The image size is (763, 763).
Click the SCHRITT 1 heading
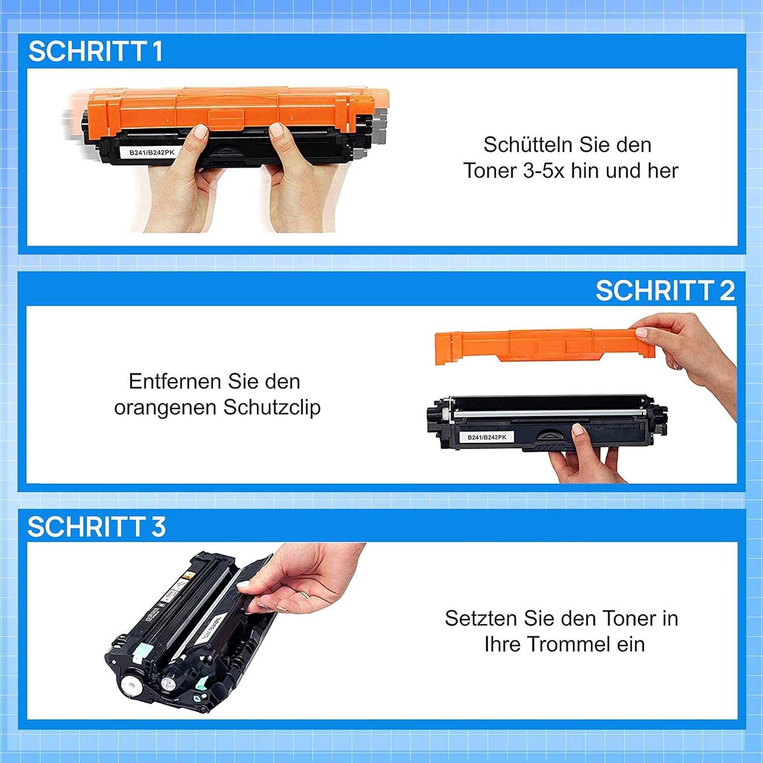[x=96, y=51]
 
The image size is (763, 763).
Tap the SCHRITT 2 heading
[x=665, y=290]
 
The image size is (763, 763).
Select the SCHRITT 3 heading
[x=97, y=526]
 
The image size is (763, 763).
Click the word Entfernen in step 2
[x=174, y=381]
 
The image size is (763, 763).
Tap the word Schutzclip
[x=272, y=407]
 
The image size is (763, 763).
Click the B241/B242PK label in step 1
[x=152, y=153]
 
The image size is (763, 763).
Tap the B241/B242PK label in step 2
[x=487, y=437]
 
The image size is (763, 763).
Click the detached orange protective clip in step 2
[x=544, y=345]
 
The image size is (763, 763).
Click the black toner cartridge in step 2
[x=547, y=422]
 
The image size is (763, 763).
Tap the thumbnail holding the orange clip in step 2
[x=641, y=333]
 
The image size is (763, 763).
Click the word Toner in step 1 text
[x=490, y=171]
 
